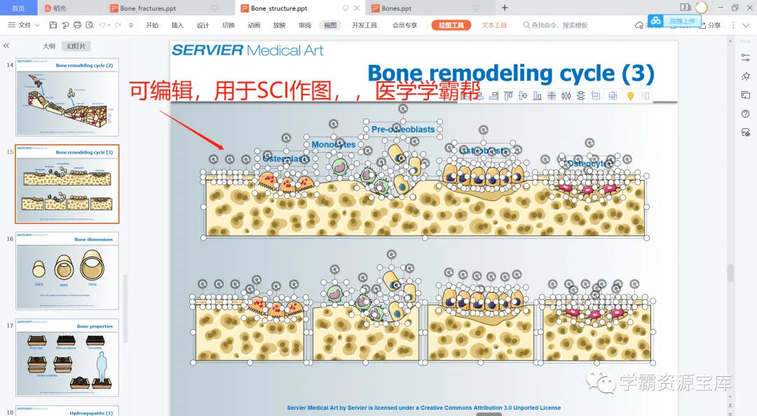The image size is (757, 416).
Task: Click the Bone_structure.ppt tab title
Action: pos(278,8)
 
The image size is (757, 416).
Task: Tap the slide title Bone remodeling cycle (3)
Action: pos(510,74)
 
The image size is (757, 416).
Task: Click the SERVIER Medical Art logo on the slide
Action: pos(247,50)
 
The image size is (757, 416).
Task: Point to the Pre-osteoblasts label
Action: pos(403,129)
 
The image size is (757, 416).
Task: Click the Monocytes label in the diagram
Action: pos(334,145)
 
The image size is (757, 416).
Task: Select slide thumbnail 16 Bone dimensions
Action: pos(67,272)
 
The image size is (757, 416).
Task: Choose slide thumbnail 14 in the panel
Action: pos(67,98)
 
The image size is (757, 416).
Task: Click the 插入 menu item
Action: pos(177,25)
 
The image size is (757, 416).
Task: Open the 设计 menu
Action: pos(203,25)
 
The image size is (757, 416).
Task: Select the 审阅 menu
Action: pos(304,25)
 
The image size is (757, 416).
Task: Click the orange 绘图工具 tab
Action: pos(451,25)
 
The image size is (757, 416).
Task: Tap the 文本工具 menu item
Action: pos(494,25)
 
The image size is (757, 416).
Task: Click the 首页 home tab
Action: pos(18,8)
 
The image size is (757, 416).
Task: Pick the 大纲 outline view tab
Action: pos(48,46)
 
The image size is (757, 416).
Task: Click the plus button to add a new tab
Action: pos(505,8)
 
